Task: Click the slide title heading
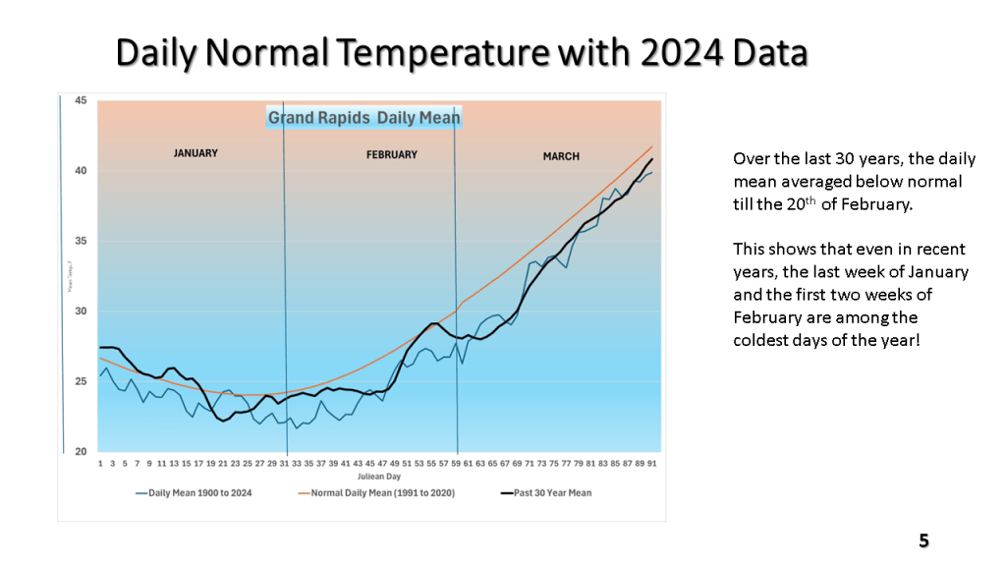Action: (x=462, y=53)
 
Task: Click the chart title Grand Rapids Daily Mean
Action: (x=363, y=118)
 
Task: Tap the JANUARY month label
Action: (x=196, y=153)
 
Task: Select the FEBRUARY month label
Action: (x=392, y=154)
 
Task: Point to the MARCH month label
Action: (x=561, y=156)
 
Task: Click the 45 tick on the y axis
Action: (x=81, y=100)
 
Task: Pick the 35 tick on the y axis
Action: (x=81, y=241)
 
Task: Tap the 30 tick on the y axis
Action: (x=81, y=311)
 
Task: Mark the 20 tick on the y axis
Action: (x=81, y=452)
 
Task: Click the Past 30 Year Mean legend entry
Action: (x=548, y=492)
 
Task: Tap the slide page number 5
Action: (x=923, y=540)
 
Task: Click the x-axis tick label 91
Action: (x=652, y=462)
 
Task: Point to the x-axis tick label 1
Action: (x=100, y=462)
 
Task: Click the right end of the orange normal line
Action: (x=651, y=147)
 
